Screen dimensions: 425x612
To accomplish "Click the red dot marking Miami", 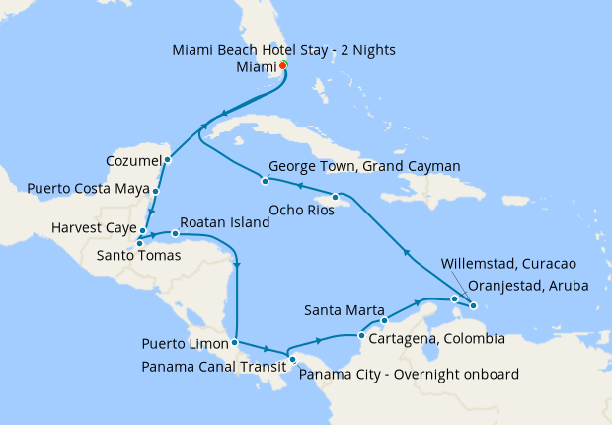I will click(x=283, y=66).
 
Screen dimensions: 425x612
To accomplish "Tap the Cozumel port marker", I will click(x=168, y=159).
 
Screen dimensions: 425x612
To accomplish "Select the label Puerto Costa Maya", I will click(x=88, y=188).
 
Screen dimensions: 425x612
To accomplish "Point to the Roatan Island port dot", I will click(x=175, y=234).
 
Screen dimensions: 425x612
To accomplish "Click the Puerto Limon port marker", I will click(x=234, y=343).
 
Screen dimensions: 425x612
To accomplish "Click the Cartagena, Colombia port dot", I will click(x=362, y=337).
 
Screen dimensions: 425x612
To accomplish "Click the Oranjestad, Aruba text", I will click(x=528, y=286).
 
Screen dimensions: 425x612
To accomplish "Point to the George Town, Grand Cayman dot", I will click(x=265, y=181).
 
